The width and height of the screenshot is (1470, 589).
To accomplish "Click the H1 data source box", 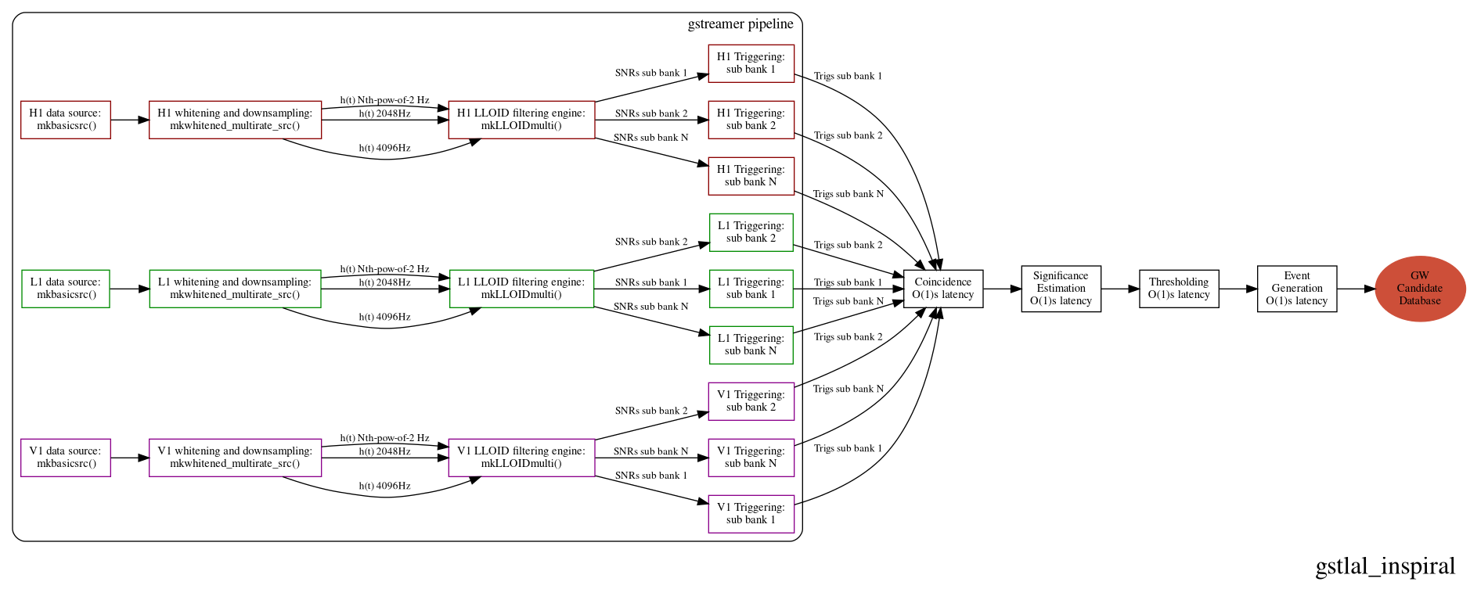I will pos(65,120).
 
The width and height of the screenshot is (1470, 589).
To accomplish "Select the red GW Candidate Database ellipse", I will pos(1419,289).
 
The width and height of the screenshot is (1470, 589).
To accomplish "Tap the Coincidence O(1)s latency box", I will pos(942,289).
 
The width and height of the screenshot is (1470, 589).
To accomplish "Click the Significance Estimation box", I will pos(1061,289).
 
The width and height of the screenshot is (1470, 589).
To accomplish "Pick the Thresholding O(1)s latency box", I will pos(1178,289).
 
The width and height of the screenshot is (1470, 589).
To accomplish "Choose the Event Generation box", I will pos(1296,289).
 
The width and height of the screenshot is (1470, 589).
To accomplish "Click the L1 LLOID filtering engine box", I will pos(521,289).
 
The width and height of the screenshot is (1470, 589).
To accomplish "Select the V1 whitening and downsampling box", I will pos(235,458).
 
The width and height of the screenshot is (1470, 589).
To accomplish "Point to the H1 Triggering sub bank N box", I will pos(751,176).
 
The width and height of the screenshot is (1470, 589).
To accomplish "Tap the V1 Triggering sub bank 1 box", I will pos(751,514).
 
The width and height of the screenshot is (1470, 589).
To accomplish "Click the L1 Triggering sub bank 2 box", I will pos(751,232).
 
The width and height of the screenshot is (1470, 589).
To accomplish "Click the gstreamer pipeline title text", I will pos(740,24).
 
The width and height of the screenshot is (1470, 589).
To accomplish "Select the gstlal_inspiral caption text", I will pos(1385,566).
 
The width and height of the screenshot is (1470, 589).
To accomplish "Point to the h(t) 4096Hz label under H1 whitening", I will pos(384,149).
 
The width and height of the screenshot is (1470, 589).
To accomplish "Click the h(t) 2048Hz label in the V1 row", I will pos(384,451).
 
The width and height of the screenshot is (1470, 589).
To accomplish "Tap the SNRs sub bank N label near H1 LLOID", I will pos(650,138).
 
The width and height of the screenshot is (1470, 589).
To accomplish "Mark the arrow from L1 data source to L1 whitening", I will pos(129,289).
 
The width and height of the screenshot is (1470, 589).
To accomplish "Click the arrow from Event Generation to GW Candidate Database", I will pos(1356,289).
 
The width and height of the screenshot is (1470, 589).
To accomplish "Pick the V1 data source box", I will pos(65,458).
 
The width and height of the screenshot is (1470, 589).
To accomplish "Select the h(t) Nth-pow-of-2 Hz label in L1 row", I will pos(384,269).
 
